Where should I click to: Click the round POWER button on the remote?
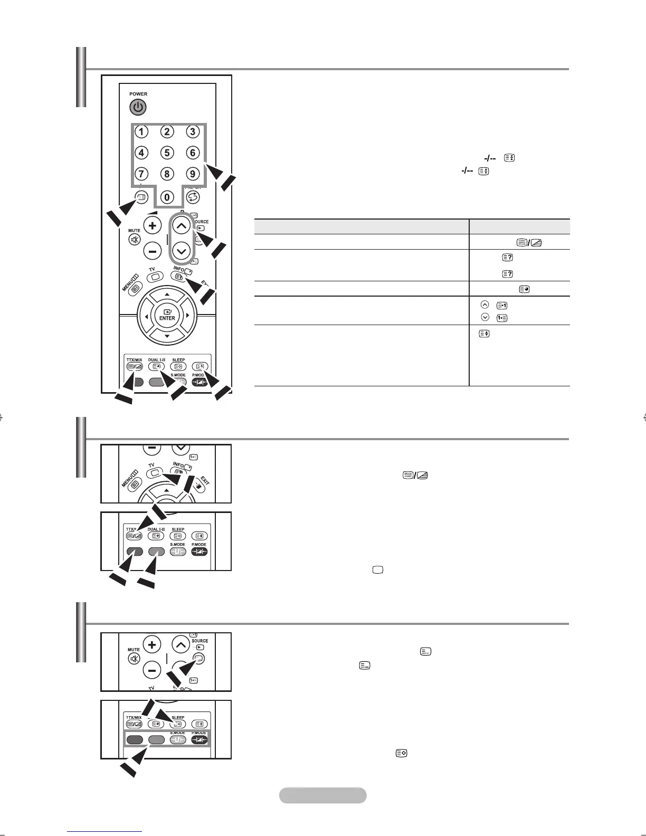point(138,108)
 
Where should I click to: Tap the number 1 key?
point(141,131)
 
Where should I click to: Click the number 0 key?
point(167,197)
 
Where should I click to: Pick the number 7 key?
point(141,174)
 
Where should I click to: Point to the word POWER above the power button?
point(138,94)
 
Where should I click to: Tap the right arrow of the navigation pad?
point(187,316)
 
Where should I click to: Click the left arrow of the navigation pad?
point(146,316)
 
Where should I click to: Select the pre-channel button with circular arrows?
point(192,197)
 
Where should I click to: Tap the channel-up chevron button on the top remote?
point(181,226)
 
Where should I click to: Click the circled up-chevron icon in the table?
point(485,305)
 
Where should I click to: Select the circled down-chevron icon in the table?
point(485,317)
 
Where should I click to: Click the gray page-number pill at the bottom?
point(322,795)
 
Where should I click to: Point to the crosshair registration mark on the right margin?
point(644,417)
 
